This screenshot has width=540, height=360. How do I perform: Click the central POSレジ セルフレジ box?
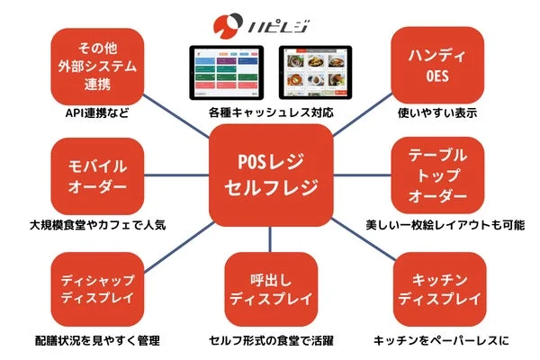pyautogui.click(x=269, y=176)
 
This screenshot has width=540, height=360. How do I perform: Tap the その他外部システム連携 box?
pyautogui.click(x=98, y=66)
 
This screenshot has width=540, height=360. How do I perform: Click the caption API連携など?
pyautogui.click(x=98, y=116)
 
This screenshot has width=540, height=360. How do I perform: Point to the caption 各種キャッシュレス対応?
pyautogui.click(x=270, y=116)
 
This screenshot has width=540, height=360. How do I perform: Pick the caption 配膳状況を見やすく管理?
pyautogui.click(x=98, y=340)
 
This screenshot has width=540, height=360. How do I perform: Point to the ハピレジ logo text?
pyautogui.click(x=288, y=22)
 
